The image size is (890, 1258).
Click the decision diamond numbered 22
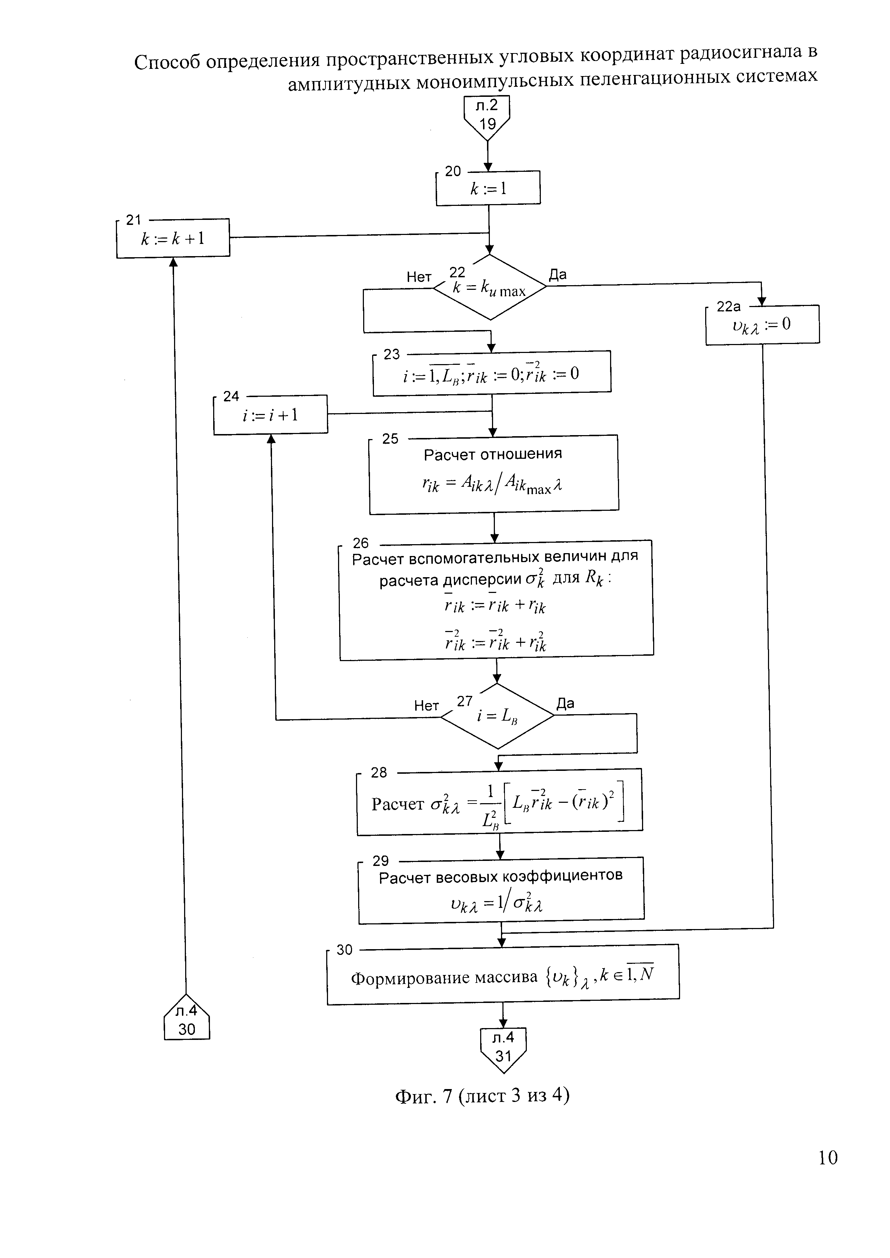pos(490,287)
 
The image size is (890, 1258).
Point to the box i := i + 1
pos(270,414)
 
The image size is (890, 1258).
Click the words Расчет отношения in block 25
pos(493,454)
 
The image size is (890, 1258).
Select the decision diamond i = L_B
pos(497,716)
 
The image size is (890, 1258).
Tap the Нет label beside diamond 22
pos(419,277)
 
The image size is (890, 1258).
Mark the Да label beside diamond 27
pos(565,703)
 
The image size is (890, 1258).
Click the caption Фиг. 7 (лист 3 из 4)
pos(482,1096)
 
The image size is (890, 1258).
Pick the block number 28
pos(379,773)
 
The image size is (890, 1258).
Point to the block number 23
pos(392,354)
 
